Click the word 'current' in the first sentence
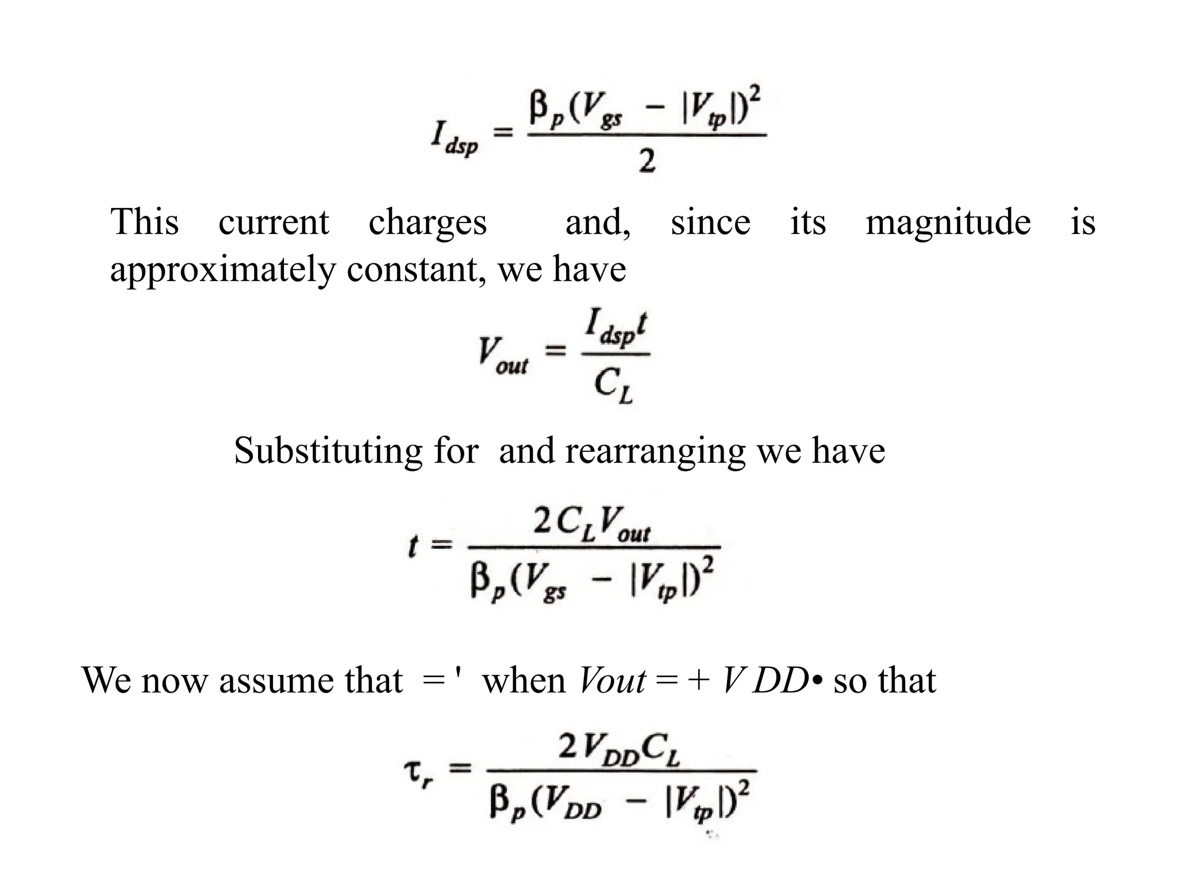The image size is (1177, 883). (x=274, y=222)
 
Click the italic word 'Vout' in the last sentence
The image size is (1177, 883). (x=613, y=681)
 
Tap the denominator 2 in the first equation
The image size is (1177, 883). (x=647, y=163)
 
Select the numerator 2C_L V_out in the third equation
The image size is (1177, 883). (x=591, y=524)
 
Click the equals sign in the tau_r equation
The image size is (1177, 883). (x=460, y=769)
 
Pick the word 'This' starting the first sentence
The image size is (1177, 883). (x=144, y=222)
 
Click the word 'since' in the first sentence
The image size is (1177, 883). (x=710, y=222)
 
